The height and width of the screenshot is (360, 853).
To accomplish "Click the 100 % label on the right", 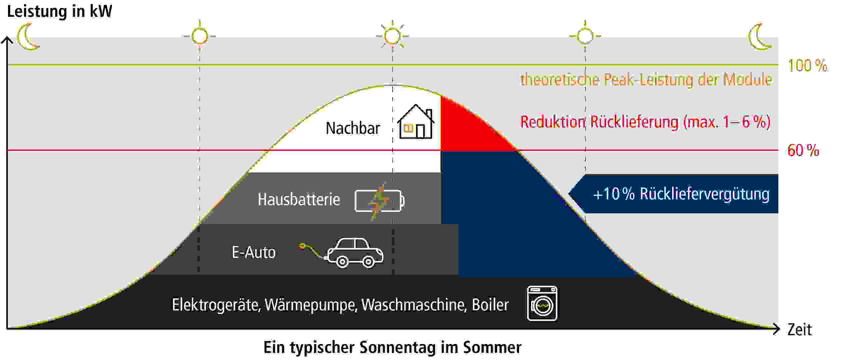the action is (x=807, y=65).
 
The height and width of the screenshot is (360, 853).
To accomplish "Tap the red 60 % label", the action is (x=803, y=150).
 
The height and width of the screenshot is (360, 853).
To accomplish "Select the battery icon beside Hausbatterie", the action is (x=380, y=201).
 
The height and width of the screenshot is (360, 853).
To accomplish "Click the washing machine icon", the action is (x=542, y=303).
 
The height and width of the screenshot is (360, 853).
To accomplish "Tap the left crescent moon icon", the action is (x=28, y=37).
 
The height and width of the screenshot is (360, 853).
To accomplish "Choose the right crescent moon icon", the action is (x=760, y=37).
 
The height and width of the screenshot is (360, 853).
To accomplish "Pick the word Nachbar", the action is (x=353, y=128).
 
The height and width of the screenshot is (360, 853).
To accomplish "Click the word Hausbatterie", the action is (x=299, y=199).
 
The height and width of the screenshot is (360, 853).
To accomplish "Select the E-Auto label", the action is (x=254, y=252).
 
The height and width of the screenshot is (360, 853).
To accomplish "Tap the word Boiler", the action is (x=490, y=305).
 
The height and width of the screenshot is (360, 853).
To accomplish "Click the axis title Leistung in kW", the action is (x=60, y=11).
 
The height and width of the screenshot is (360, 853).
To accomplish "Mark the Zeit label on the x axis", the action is (x=799, y=330).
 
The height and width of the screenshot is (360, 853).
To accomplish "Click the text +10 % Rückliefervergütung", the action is (x=681, y=194).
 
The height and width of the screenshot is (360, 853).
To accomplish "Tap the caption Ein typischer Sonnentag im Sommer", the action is (x=392, y=348).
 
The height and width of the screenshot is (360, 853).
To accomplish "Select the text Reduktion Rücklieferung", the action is (x=599, y=122).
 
